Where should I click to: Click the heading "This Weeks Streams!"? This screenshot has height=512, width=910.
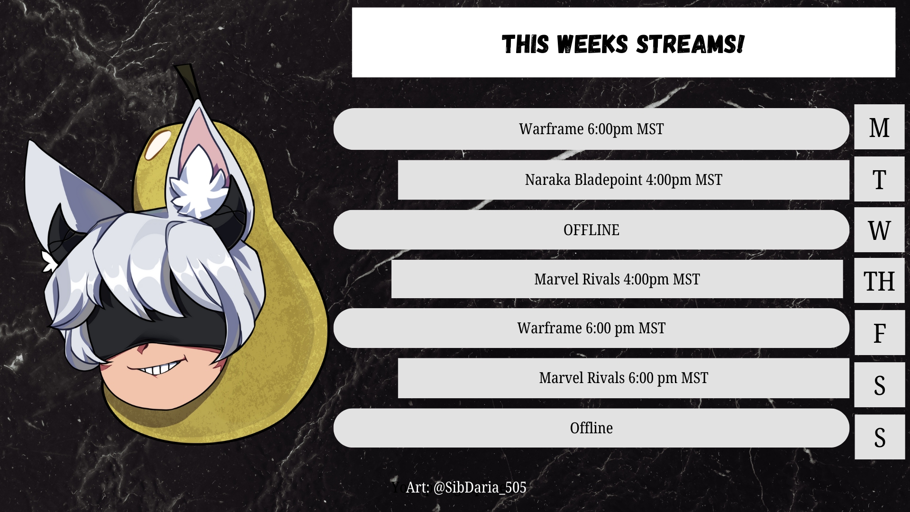click(623, 44)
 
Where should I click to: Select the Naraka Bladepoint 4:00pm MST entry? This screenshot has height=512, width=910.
click(623, 180)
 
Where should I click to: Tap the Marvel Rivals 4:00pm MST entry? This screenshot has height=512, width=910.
click(617, 279)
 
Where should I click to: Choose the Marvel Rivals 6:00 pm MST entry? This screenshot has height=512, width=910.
click(623, 378)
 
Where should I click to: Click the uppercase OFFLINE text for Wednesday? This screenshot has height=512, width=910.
click(591, 230)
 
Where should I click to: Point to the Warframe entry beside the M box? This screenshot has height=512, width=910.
click(591, 129)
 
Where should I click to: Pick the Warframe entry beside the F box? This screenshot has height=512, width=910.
click(591, 328)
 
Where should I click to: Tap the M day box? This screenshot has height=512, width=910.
click(879, 127)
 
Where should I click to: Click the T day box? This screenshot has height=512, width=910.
click(879, 179)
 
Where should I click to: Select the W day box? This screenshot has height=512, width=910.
click(879, 230)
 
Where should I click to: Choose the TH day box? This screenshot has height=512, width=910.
click(879, 281)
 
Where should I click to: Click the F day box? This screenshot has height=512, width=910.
click(880, 333)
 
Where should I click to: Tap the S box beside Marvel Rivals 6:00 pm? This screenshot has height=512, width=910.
click(880, 385)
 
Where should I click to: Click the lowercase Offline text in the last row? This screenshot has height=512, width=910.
click(591, 428)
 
